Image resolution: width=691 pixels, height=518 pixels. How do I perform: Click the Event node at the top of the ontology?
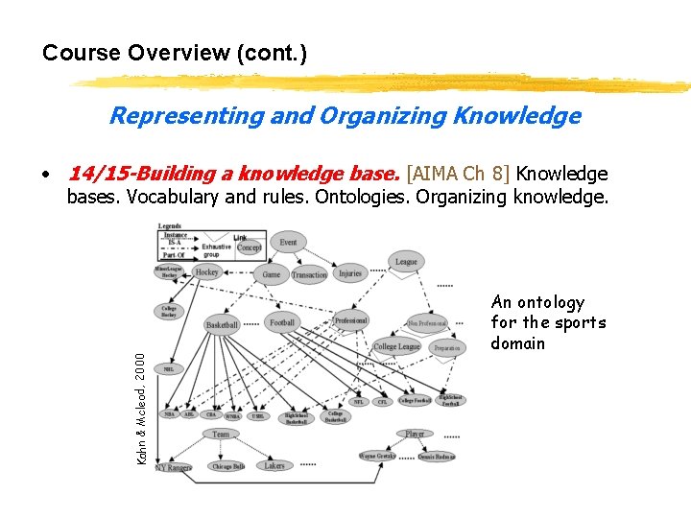(x=288, y=242)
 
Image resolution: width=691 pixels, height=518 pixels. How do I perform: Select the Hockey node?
(x=206, y=272)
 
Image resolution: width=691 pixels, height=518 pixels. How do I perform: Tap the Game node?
(x=272, y=274)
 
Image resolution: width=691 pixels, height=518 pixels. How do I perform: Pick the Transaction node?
(x=309, y=274)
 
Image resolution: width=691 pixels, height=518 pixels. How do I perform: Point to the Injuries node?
(x=350, y=273)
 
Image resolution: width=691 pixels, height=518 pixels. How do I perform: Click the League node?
(x=406, y=261)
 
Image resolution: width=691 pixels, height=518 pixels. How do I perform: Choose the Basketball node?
(x=222, y=325)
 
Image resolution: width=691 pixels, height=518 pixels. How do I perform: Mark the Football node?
(x=282, y=322)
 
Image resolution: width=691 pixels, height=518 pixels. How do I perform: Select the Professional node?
(x=349, y=320)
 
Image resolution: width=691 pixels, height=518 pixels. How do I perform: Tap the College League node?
(x=397, y=346)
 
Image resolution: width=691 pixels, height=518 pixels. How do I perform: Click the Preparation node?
(x=446, y=347)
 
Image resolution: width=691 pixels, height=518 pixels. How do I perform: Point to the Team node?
(x=222, y=434)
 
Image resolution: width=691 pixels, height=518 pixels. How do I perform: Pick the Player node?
(x=415, y=434)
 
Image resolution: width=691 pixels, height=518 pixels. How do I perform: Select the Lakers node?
(x=274, y=465)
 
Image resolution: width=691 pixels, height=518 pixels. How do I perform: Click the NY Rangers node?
(x=173, y=467)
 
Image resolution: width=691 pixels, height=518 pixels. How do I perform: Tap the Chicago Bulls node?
(x=226, y=466)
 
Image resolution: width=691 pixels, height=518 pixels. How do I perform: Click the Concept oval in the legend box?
(x=250, y=247)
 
